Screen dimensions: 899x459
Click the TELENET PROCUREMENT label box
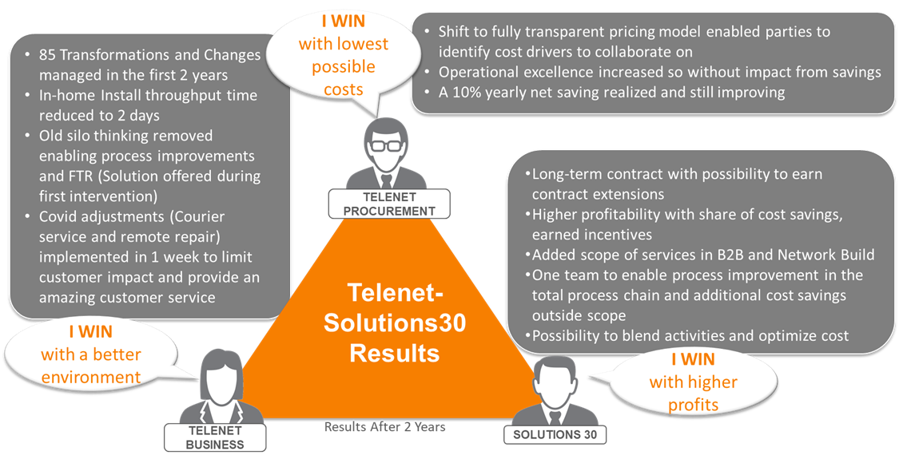(389, 204)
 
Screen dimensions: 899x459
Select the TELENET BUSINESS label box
(215, 437)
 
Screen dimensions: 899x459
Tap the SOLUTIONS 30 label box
(555, 434)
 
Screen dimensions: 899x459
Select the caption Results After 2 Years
(384, 426)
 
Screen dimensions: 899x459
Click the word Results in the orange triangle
(395, 352)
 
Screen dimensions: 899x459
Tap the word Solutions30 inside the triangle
(395, 322)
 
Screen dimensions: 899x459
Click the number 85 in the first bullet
(47, 55)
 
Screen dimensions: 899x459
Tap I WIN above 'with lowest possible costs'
(343, 22)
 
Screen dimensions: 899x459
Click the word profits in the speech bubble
(693, 405)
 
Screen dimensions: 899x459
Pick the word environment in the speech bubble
(91, 377)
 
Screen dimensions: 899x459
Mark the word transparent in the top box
(551, 31)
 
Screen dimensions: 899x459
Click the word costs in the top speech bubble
(344, 89)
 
